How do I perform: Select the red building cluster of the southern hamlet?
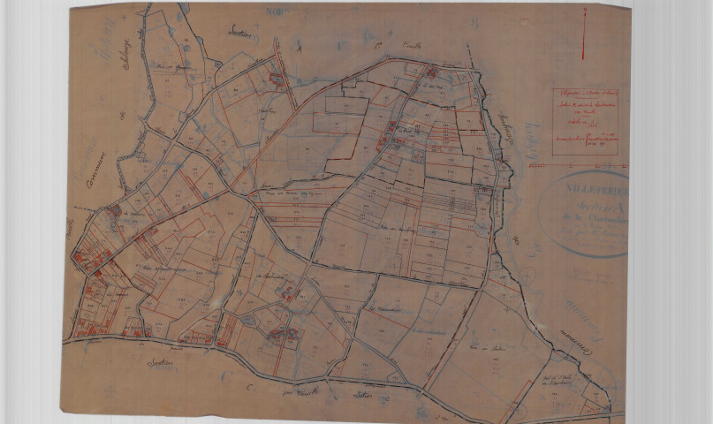(x=284, y=334)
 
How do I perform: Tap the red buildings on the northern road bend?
(x=433, y=73)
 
